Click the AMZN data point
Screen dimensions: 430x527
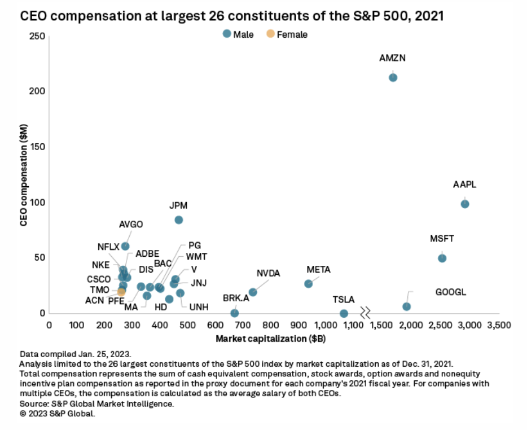pos(393,77)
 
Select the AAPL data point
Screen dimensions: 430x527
pos(465,204)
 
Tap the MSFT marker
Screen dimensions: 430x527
pos(442,258)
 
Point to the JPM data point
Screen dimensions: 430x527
pos(178,220)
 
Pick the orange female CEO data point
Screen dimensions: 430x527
pos(121,292)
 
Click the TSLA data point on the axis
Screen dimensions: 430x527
pos(344,313)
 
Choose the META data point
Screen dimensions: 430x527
pos(308,283)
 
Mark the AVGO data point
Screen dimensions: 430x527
pos(125,246)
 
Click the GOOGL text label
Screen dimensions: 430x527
pos(451,292)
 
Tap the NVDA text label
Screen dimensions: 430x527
pos(268,273)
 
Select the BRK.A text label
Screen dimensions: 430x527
pos(236,297)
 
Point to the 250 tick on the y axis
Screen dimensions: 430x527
pos(37,36)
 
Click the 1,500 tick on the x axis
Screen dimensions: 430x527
pos(383,326)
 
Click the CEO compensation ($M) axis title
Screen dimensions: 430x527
pos(24,174)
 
